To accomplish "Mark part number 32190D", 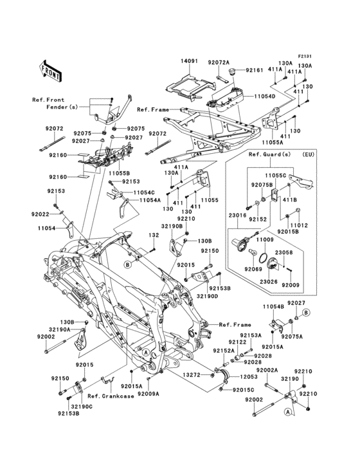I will (207, 296).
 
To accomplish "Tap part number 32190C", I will (82, 406).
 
